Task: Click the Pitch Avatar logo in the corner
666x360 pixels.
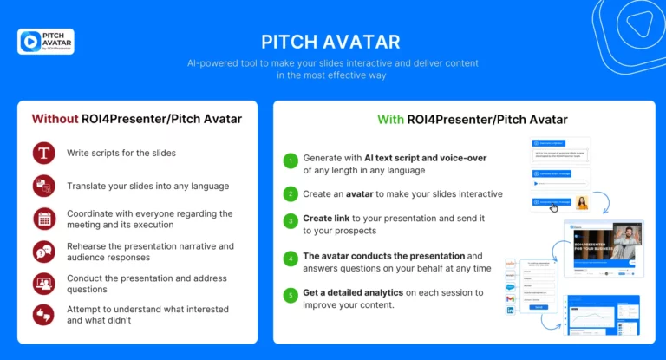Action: (45, 42)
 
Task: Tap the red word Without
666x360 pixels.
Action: (55, 119)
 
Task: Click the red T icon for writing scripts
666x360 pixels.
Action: (43, 154)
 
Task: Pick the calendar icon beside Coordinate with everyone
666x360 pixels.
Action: (43, 219)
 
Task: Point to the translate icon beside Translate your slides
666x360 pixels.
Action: (43, 186)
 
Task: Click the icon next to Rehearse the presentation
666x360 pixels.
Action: (43, 252)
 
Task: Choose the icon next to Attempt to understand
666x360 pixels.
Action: (43, 315)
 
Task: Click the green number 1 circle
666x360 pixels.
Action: (291, 160)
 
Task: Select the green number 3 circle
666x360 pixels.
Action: (291, 223)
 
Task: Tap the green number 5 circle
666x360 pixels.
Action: (291, 296)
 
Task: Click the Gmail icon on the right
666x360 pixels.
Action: (512, 298)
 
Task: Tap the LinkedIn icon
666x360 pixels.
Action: (512, 311)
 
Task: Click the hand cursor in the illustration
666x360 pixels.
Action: (554, 207)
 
